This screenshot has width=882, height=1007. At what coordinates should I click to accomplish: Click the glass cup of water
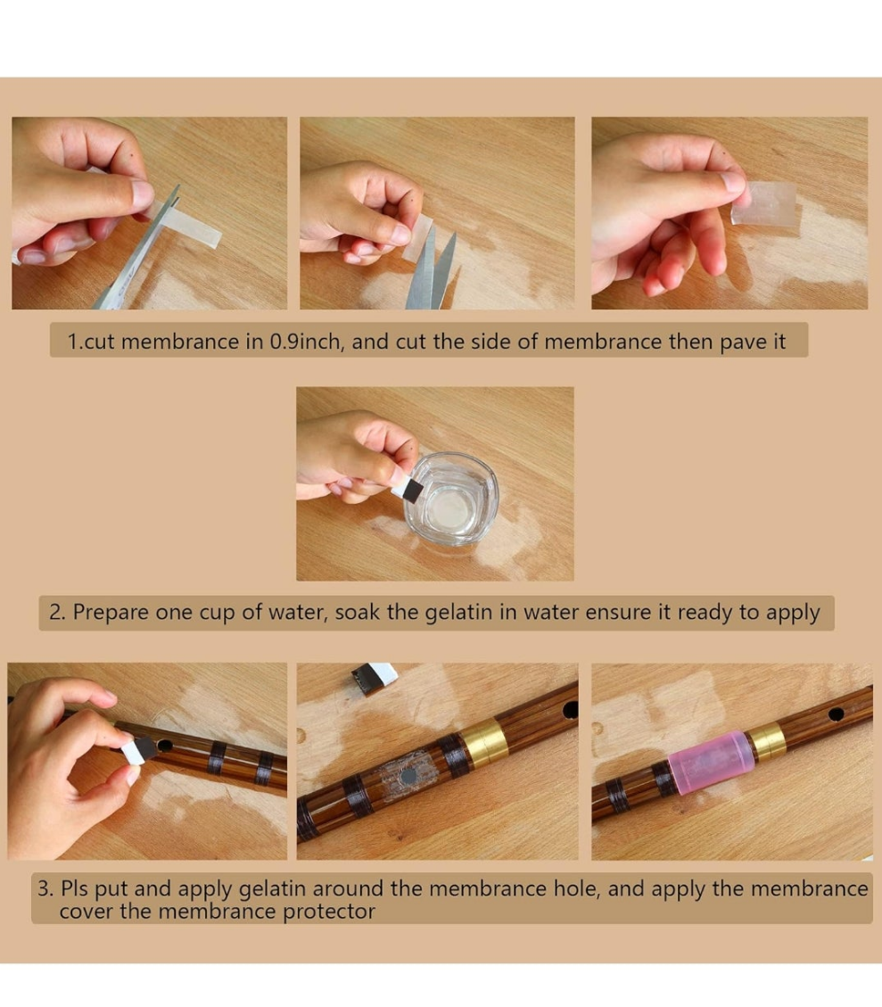pos(451,499)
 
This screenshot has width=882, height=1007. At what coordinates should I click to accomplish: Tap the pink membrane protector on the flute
pos(710,763)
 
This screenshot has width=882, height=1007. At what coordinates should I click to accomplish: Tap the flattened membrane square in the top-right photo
pos(765,203)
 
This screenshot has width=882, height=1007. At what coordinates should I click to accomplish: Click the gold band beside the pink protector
pos(768,742)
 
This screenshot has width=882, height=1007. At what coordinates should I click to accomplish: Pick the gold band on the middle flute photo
pos(485,745)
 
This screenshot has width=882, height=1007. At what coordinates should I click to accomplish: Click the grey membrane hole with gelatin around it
pos(407,778)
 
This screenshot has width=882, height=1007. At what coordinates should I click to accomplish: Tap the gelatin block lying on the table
pos(373,678)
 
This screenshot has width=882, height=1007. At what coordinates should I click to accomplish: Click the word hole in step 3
pos(575,889)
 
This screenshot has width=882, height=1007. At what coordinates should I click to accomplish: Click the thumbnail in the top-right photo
pos(733,182)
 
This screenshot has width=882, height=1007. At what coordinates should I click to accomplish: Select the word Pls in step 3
pos(74,889)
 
